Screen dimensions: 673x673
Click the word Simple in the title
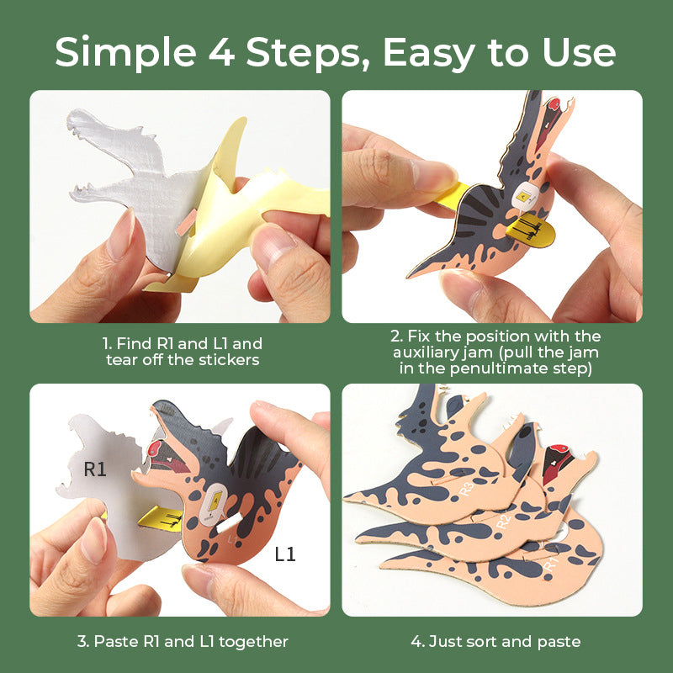tap(125, 53)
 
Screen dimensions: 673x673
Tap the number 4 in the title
tap(221, 52)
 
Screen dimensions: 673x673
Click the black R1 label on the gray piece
tap(95, 469)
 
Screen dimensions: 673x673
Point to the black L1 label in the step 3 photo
tap(285, 554)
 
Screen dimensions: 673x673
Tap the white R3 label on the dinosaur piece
tap(467, 489)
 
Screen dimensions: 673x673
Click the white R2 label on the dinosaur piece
tap(503, 522)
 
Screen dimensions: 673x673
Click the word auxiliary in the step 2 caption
tap(443, 352)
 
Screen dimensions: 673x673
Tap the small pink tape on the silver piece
tap(186, 223)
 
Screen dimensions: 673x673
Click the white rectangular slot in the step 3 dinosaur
tap(229, 522)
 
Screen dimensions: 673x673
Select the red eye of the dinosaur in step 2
tap(554, 103)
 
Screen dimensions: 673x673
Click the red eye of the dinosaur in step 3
tap(154, 448)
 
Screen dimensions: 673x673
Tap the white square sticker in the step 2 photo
tap(526, 196)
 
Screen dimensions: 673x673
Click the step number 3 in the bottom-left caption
tap(82, 642)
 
